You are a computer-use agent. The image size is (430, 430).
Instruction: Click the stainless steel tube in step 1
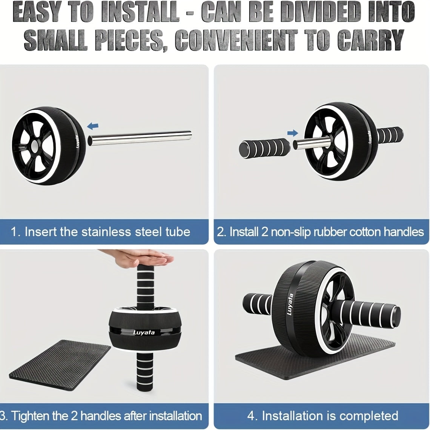[x=140, y=138]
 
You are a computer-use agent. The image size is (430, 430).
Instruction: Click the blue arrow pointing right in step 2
[x=292, y=133]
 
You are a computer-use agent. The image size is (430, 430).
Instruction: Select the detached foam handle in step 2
[x=264, y=146]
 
